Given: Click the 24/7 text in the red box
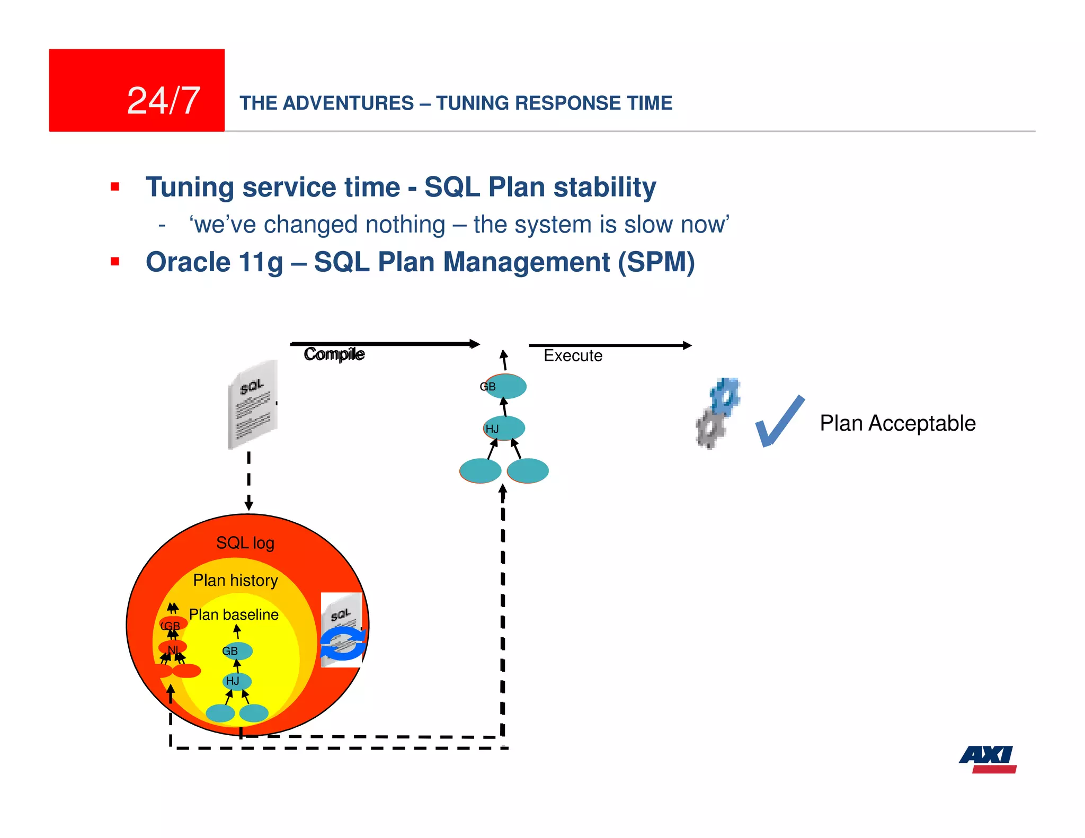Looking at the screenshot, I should (x=163, y=101).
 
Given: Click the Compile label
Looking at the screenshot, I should (x=334, y=354).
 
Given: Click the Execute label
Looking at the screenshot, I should (x=573, y=355).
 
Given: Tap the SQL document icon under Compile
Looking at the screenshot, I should (x=253, y=405).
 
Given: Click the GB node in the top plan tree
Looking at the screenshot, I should (x=505, y=386).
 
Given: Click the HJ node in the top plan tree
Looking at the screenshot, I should (x=504, y=428).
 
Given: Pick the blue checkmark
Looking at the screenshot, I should (x=778, y=422).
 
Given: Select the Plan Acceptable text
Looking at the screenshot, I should (x=897, y=423).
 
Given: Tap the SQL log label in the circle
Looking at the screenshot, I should (x=245, y=543).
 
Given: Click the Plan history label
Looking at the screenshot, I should (x=235, y=581).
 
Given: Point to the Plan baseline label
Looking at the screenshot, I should (x=234, y=614).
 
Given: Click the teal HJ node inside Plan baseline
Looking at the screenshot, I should (x=236, y=681).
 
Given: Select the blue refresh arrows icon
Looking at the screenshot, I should (x=343, y=644).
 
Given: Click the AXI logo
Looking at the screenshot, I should (x=988, y=759).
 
